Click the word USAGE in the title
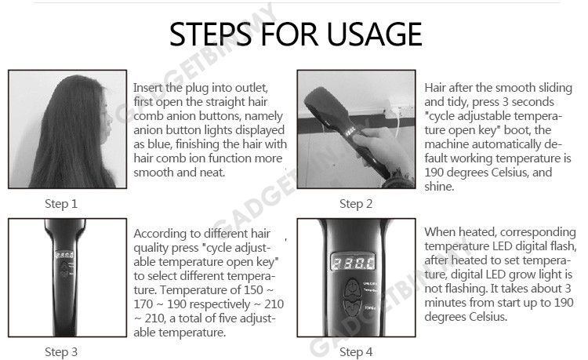coord(374,35)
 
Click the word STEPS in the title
coord(210,35)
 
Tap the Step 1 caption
coord(61,204)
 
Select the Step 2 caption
coord(356,204)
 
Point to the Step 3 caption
coord(61,351)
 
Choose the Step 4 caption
coord(356,351)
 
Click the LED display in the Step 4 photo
coord(353,262)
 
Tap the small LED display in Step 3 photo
coord(64,255)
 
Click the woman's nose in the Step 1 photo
coord(110,120)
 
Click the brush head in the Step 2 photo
coord(327,108)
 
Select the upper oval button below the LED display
coord(353,289)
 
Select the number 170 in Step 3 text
coord(143,304)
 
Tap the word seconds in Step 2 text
coord(532,102)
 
